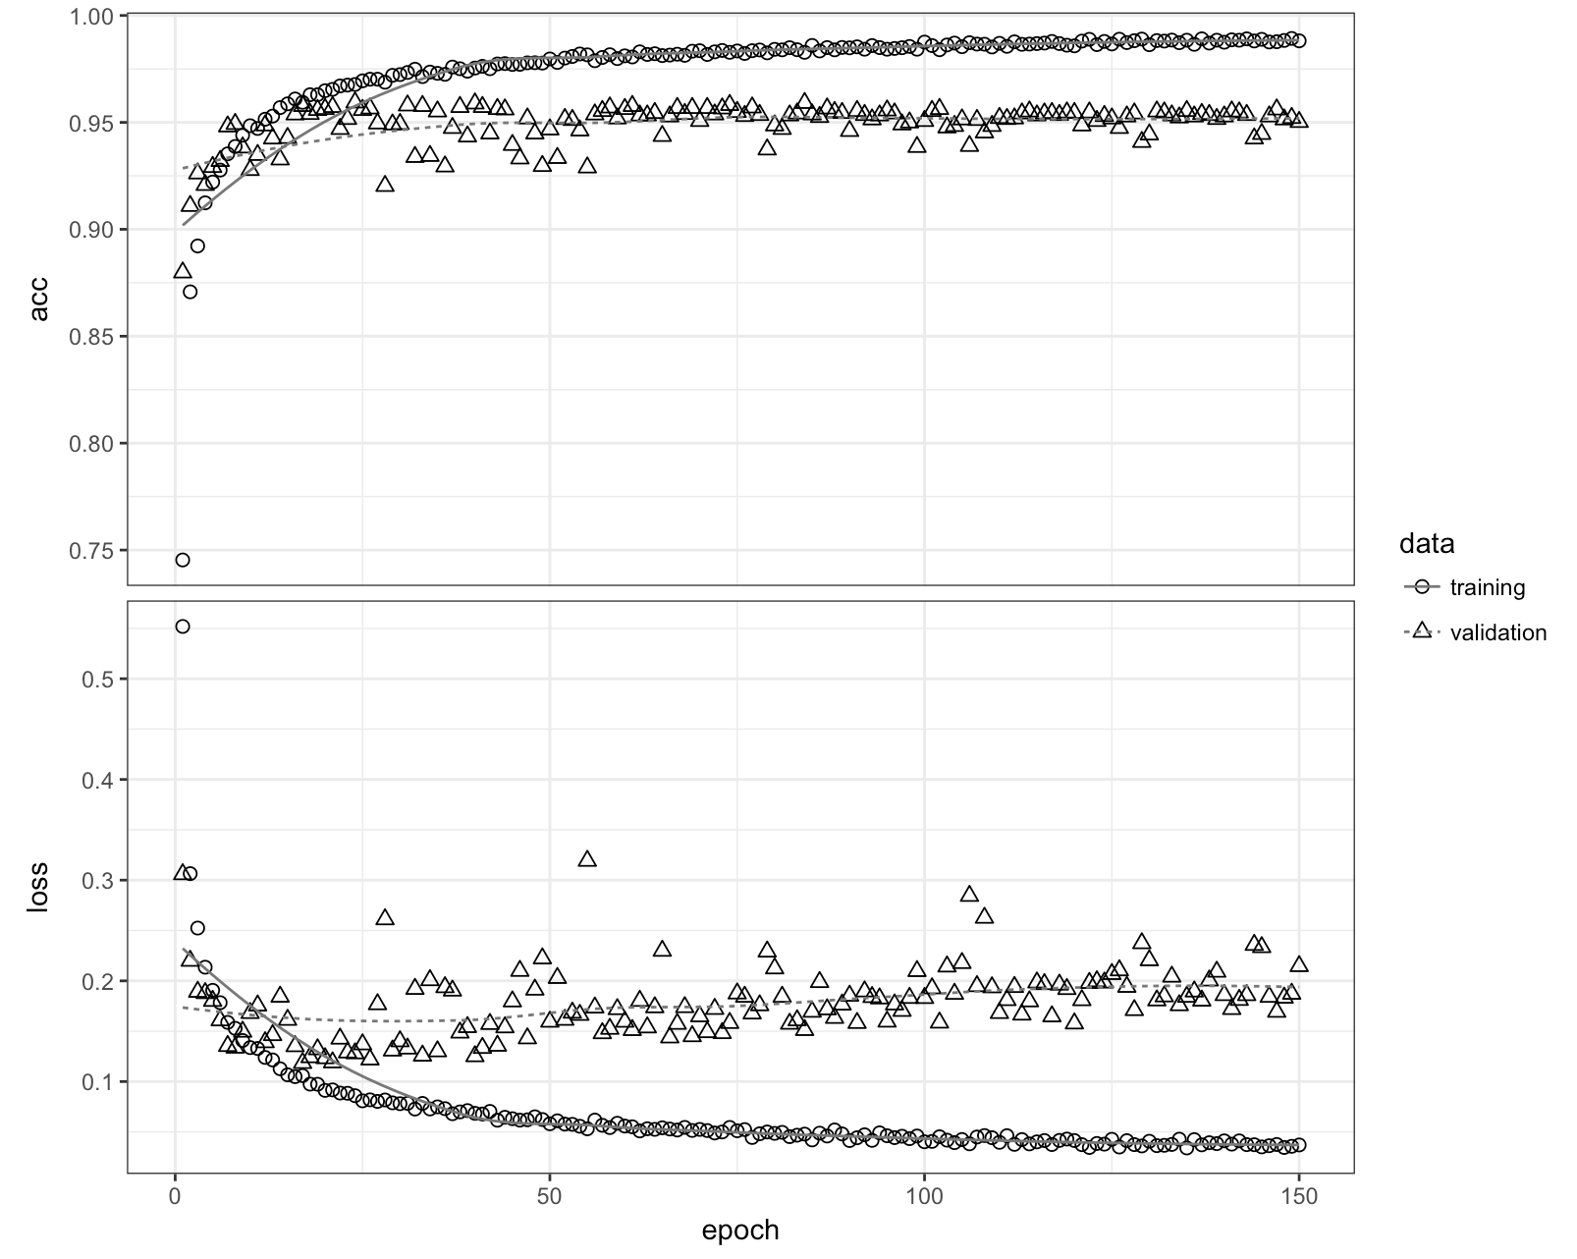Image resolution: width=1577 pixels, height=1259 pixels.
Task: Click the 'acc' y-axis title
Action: click(x=39, y=300)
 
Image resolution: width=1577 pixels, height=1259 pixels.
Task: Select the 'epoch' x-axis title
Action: click(x=740, y=1231)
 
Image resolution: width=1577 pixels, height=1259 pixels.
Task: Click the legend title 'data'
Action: click(x=1427, y=543)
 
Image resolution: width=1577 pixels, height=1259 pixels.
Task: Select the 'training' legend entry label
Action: click(x=1487, y=588)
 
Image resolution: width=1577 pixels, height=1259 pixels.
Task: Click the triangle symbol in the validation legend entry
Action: click(x=1420, y=632)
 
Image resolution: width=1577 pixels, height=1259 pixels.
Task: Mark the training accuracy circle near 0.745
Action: click(x=183, y=560)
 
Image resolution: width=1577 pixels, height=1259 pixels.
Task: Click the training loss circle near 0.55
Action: click(x=183, y=627)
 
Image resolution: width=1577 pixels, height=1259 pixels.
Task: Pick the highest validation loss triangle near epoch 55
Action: click(x=587, y=859)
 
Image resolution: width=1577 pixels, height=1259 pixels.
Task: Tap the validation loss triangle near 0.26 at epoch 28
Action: click(x=385, y=917)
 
